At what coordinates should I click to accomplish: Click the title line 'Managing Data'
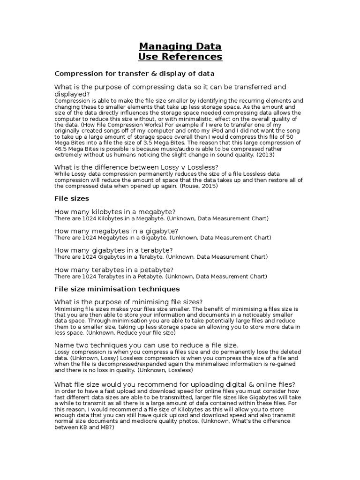point(180,46)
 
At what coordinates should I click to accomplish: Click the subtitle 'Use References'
point(180,57)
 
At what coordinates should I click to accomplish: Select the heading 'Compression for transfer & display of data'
point(135,74)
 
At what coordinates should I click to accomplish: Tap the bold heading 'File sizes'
point(72,199)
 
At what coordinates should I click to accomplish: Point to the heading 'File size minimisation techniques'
point(117,289)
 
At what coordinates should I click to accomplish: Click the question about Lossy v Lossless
point(136,167)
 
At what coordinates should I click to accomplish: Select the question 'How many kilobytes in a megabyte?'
point(115,212)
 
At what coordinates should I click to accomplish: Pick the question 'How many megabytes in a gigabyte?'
point(116,231)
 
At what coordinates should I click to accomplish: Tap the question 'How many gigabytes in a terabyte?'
point(113,250)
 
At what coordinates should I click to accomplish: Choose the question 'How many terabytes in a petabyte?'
point(114,270)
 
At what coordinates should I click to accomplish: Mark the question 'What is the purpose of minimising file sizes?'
point(128,301)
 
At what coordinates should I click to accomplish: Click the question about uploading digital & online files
point(174,384)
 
